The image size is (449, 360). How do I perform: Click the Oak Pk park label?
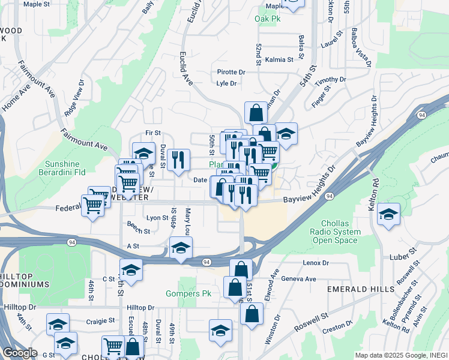[267, 19]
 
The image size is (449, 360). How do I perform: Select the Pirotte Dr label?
[231, 72]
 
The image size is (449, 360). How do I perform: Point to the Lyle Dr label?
[227, 83]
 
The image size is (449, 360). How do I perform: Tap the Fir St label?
[153, 133]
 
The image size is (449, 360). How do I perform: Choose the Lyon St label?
[157, 218]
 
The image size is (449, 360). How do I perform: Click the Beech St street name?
[138, 227]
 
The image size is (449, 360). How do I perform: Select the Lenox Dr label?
[317, 263]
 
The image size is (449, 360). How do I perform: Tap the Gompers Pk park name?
[188, 294]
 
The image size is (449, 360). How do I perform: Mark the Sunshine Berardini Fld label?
[71, 168]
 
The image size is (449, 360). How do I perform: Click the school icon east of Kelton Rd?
[389, 215]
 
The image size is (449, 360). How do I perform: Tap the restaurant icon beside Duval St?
[176, 160]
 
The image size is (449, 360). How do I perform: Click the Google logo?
[19, 353]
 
